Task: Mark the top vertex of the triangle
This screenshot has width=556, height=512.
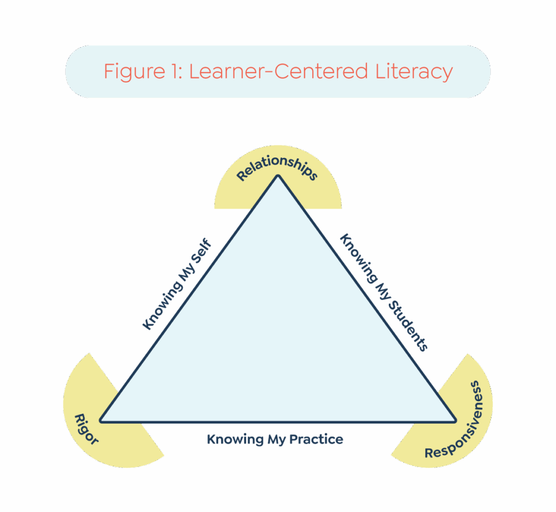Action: (x=278, y=176)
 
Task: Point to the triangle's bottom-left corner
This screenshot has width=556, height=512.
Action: (x=101, y=421)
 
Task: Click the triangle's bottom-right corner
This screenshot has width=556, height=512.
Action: (x=455, y=421)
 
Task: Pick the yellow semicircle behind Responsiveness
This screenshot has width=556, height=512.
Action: (x=472, y=380)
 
